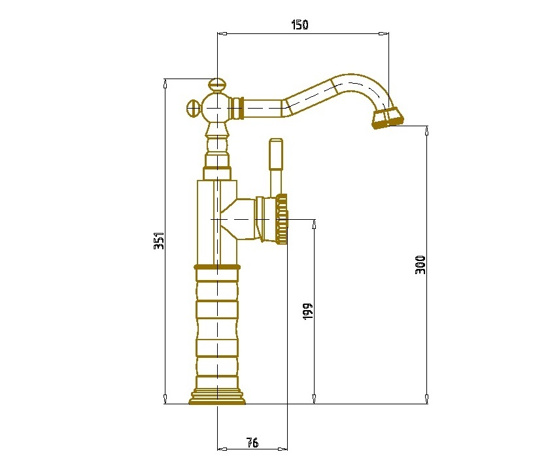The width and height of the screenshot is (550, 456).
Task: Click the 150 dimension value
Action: [300, 25]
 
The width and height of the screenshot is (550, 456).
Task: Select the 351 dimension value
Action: [159, 240]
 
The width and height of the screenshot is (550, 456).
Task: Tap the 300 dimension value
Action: [421, 265]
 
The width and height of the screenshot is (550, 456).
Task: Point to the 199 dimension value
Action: [307, 311]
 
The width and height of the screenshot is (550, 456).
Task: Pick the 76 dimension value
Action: [252, 442]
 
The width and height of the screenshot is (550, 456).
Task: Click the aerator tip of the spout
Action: [388, 118]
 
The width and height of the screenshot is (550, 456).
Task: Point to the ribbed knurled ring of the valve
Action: [282, 219]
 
